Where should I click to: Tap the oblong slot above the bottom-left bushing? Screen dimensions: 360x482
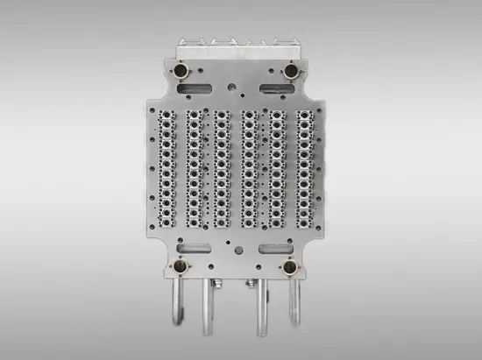point(192,248)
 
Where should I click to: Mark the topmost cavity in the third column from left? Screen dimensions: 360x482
point(223,115)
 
